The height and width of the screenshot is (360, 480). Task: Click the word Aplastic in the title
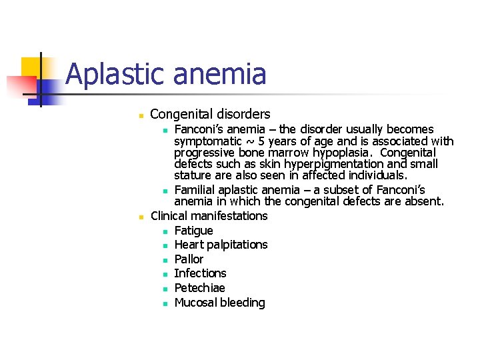[113, 74]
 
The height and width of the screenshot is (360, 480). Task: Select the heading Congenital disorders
[210, 115]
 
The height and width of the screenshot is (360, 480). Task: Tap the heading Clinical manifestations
[209, 216]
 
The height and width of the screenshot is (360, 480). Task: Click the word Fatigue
[193, 231]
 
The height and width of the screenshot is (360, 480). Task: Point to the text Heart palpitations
[221, 245]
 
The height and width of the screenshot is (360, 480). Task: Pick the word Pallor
[189, 259]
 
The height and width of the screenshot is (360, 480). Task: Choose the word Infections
[200, 273]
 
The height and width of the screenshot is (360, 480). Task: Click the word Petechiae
[199, 288]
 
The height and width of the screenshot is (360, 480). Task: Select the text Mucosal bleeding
[219, 303]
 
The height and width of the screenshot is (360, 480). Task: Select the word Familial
[196, 190]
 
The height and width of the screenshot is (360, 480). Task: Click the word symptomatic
[207, 141]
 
